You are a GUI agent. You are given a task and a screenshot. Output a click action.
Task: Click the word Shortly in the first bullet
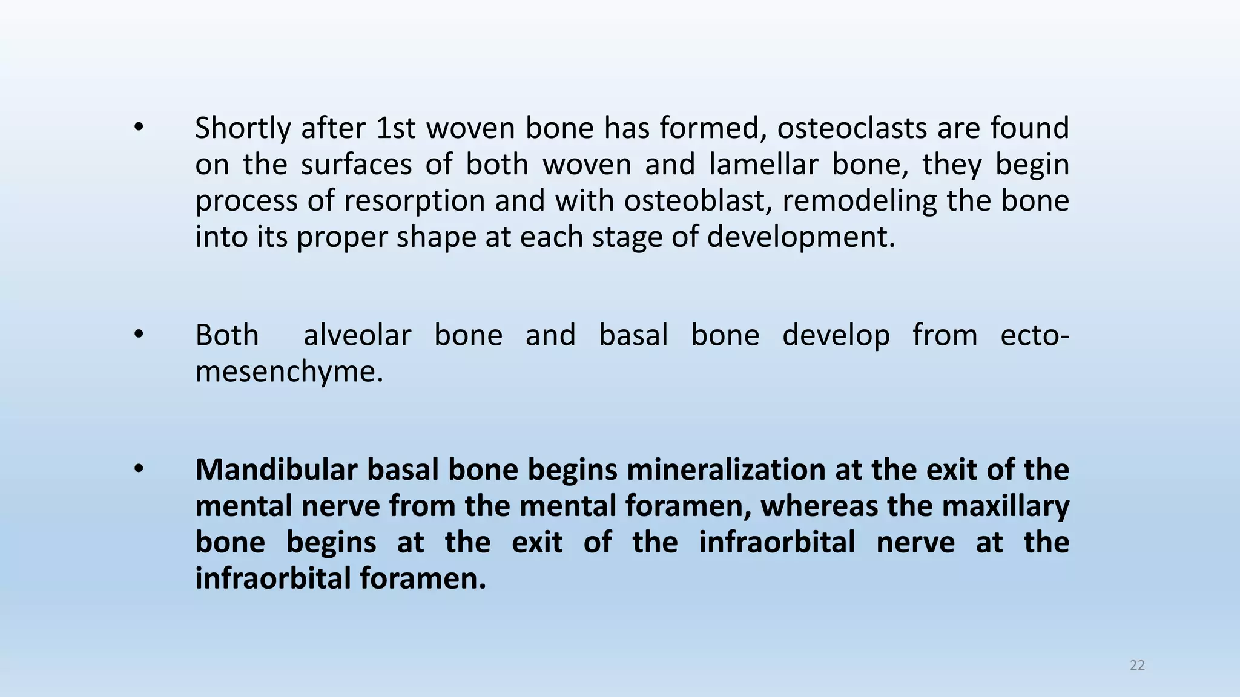(243, 129)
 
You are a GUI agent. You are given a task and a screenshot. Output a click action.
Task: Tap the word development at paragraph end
(800, 237)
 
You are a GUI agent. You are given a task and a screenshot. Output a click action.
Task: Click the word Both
(227, 335)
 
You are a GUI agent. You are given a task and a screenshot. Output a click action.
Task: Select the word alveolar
(357, 335)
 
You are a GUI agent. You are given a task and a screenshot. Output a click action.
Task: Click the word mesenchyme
(289, 371)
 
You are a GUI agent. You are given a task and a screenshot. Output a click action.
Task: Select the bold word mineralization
(726, 470)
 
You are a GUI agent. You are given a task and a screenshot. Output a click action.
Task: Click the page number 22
(1137, 666)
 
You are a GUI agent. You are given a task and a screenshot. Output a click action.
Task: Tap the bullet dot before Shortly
(139, 128)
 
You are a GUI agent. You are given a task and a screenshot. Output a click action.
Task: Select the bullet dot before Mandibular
(139, 470)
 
